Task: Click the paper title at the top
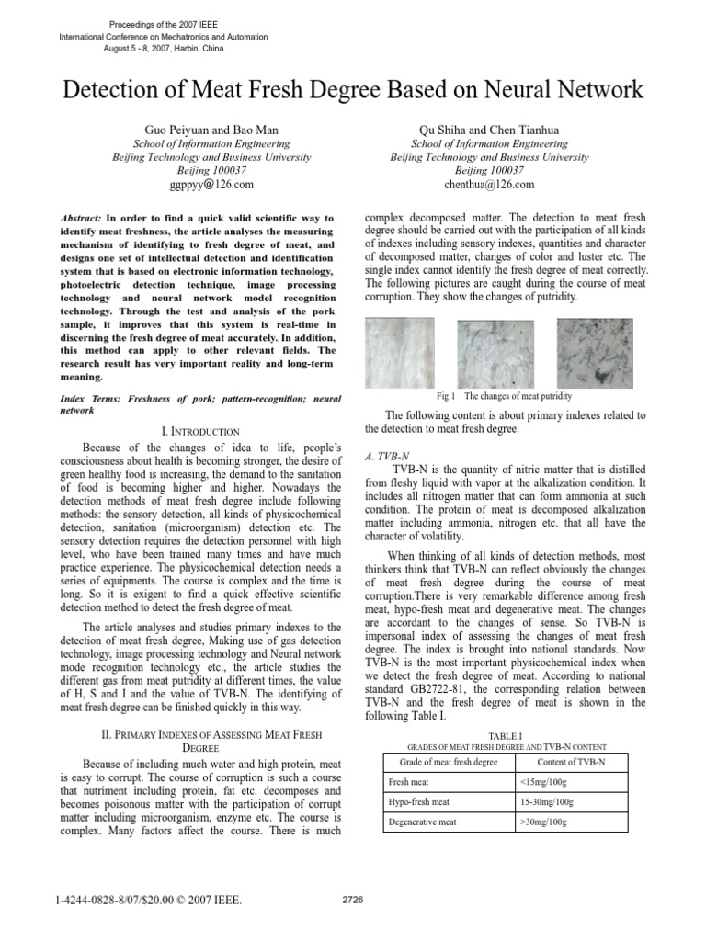(x=353, y=90)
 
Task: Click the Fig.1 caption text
(x=505, y=396)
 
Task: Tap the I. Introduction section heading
(x=199, y=431)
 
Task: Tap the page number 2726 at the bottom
(x=352, y=900)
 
